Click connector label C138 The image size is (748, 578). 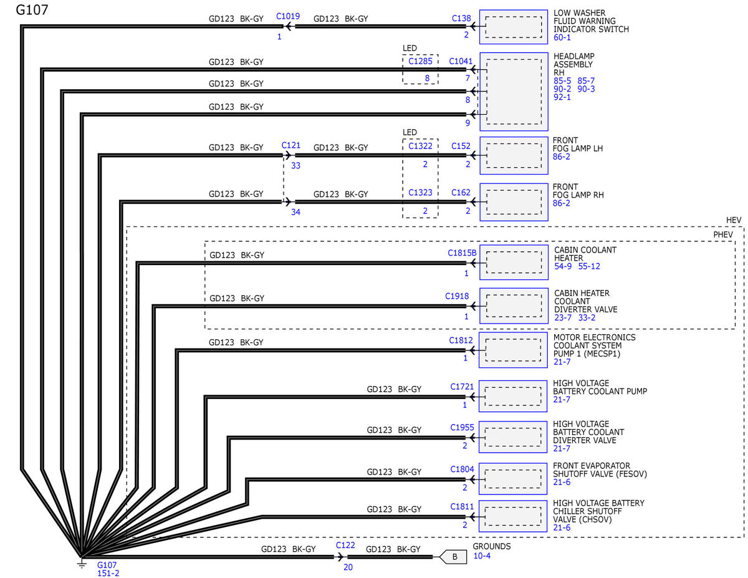coord(461,19)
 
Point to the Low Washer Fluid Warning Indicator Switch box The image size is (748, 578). coord(513,27)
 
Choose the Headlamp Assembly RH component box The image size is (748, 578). coord(513,92)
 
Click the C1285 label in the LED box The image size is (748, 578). coord(420,61)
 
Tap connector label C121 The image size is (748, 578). coord(291,145)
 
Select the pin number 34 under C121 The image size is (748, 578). coord(295,213)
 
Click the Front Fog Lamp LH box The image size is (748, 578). coord(513,156)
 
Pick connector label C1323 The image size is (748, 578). coord(420,193)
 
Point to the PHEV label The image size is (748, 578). coord(724,234)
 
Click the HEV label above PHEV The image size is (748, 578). coord(734,221)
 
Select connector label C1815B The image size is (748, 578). coord(462,253)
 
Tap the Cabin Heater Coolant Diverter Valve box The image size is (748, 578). coord(513,306)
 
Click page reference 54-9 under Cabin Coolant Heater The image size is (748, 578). coord(564,266)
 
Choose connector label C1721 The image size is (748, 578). coord(463,387)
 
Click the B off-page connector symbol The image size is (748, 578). coord(454,557)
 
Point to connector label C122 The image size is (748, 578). coord(345,545)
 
